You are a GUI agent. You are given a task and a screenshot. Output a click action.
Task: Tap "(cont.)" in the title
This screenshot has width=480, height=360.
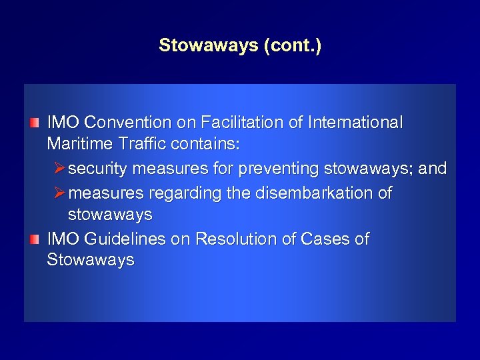(293, 46)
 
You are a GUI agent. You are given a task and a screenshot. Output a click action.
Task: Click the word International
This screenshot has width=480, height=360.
(347, 123)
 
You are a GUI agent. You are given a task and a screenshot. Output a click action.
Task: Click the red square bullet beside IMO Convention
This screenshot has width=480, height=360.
(34, 123)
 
